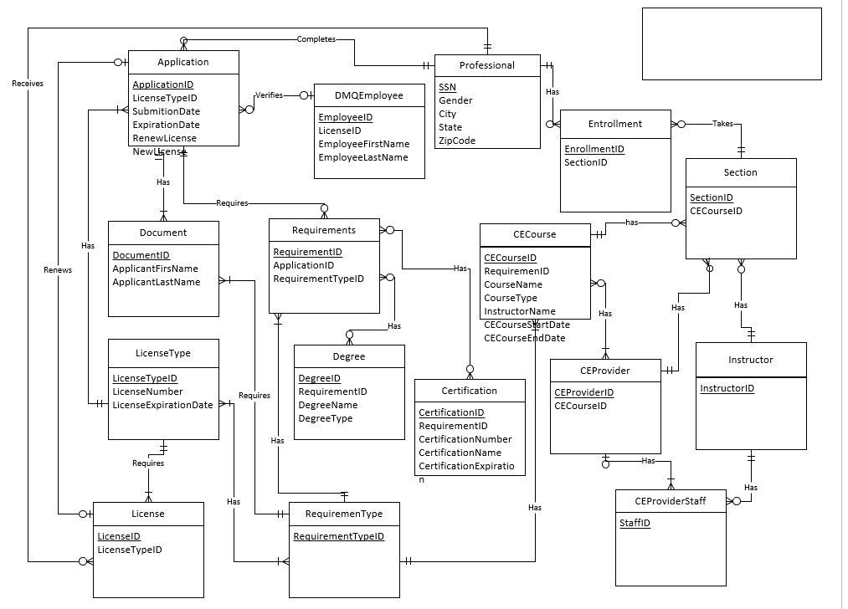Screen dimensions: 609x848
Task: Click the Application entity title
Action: click(x=182, y=62)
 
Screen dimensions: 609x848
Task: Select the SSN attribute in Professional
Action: click(x=447, y=87)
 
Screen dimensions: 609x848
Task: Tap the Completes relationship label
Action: click(x=316, y=39)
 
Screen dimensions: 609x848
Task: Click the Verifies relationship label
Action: click(x=269, y=95)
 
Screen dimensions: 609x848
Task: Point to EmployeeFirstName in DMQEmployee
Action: click(x=363, y=144)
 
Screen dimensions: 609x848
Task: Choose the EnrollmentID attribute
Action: click(x=594, y=149)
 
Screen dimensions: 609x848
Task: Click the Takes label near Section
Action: click(x=722, y=124)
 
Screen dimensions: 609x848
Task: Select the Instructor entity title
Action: click(x=750, y=360)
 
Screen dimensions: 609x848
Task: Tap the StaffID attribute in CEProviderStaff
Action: click(x=635, y=523)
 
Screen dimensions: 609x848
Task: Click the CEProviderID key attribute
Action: click(x=583, y=392)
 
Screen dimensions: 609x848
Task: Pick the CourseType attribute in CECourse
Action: click(x=511, y=298)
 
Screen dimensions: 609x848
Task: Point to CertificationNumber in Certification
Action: click(x=465, y=439)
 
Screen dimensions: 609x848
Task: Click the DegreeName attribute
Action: click(x=327, y=405)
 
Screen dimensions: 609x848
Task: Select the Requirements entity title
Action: click(x=323, y=230)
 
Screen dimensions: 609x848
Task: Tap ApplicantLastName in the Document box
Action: click(x=156, y=282)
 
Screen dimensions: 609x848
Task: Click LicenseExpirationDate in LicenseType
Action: click(x=162, y=405)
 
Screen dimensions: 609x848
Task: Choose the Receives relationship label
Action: click(x=28, y=84)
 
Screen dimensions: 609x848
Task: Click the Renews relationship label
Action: click(x=58, y=269)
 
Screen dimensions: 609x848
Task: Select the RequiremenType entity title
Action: click(x=344, y=514)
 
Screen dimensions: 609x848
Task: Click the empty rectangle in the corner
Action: click(x=731, y=43)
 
